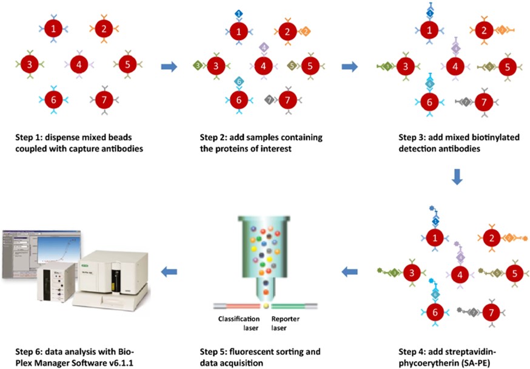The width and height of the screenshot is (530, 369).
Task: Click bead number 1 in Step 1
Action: tap(55, 28)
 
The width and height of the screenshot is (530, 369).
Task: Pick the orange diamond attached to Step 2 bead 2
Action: tap(304, 31)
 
